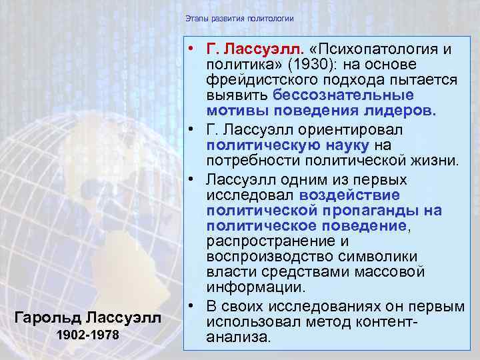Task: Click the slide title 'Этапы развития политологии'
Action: pos(239,18)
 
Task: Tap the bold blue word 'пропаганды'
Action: pos(375,209)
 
